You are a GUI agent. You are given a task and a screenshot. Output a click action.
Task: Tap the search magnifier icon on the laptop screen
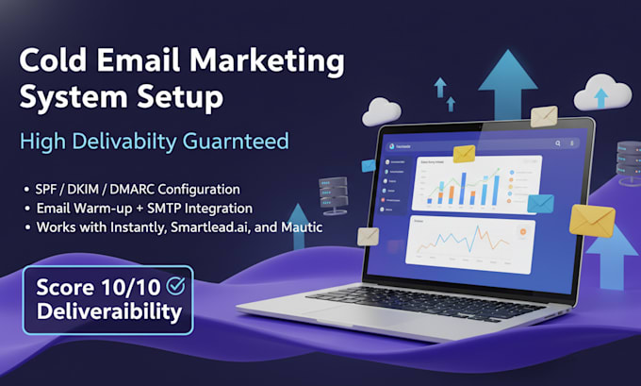point(558,143)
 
